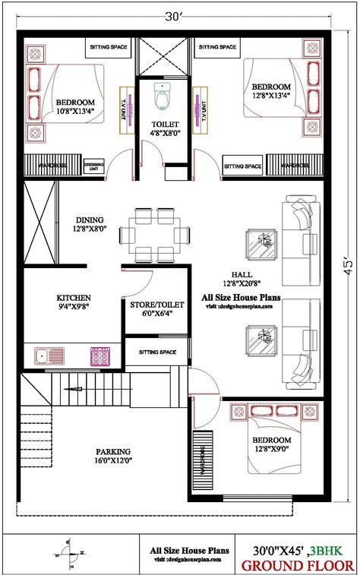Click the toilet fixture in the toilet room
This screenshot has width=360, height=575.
162,96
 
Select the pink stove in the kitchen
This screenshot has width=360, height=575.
99,355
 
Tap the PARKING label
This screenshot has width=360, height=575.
112,450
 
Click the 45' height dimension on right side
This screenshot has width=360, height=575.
346,268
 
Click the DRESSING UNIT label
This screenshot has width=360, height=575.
94,166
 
